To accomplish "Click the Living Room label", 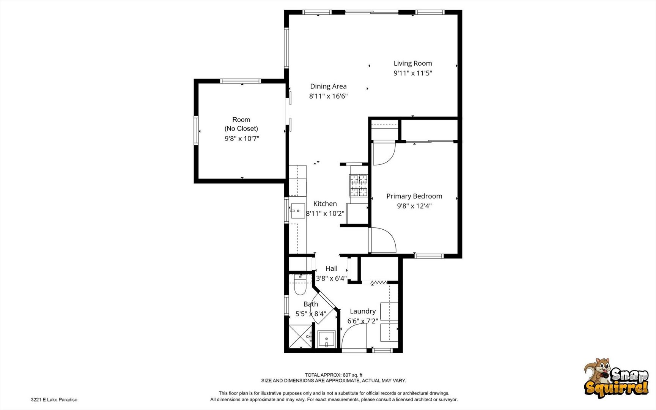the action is pyautogui.click(x=412, y=63).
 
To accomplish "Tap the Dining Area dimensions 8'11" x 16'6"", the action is pyautogui.click(x=328, y=96).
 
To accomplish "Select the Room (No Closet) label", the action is pyautogui.click(x=241, y=124).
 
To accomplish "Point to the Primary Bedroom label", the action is pyautogui.click(x=414, y=196).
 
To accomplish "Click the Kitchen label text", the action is pyautogui.click(x=325, y=204).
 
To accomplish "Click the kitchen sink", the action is pyautogui.click(x=298, y=211).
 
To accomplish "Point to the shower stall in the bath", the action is pyautogui.click(x=300, y=336).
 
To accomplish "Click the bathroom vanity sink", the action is pyautogui.click(x=326, y=339).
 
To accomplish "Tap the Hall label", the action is pyautogui.click(x=331, y=268).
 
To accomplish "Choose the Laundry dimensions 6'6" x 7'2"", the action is pyautogui.click(x=363, y=321).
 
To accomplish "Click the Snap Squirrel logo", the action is pyautogui.click(x=616, y=378).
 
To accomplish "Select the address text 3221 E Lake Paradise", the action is pyautogui.click(x=54, y=399).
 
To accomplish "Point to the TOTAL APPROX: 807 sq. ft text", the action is pyautogui.click(x=334, y=375).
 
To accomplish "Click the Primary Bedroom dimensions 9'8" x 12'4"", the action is pyautogui.click(x=414, y=206).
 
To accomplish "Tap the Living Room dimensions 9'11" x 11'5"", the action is pyautogui.click(x=413, y=73).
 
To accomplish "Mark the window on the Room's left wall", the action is pyautogui.click(x=196, y=131).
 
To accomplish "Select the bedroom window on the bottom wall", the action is pyautogui.click(x=429, y=256).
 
